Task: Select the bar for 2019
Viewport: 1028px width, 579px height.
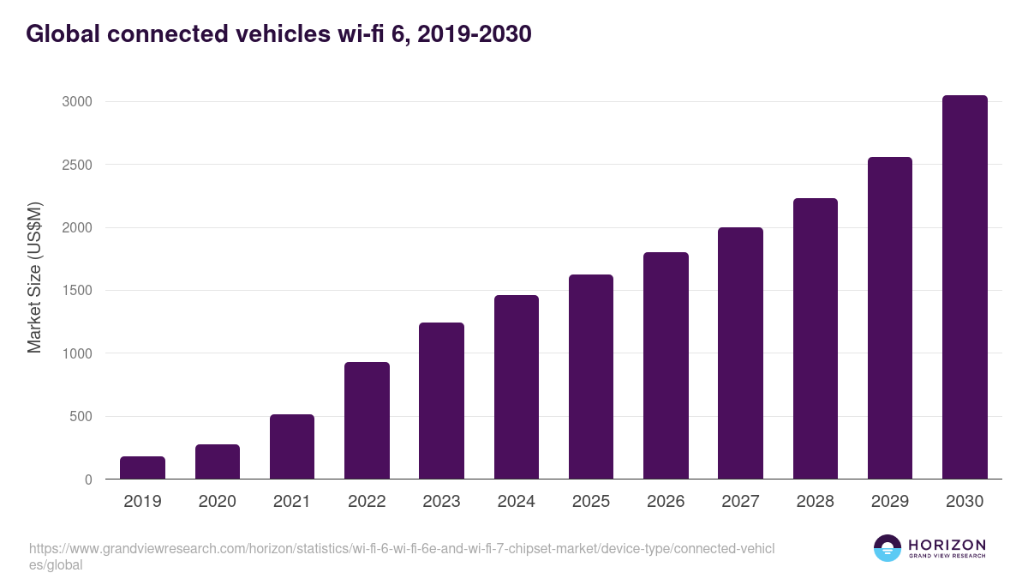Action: coord(142,467)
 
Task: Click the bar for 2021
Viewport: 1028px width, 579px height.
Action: coord(292,446)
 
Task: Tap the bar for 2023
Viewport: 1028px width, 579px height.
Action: coord(441,401)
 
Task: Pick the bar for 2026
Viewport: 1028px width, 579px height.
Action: coord(666,365)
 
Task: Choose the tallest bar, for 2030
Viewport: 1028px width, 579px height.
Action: coord(965,287)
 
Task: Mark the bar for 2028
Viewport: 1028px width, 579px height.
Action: coord(816,339)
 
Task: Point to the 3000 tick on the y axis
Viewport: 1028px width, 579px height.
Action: coord(76,102)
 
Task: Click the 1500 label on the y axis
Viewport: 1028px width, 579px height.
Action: coord(76,291)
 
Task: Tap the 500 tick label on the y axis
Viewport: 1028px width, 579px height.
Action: coord(81,417)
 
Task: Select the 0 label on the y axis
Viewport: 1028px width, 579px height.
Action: coord(87,479)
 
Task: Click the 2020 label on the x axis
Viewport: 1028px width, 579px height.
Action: coord(217,502)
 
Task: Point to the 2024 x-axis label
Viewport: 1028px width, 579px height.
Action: coord(516,502)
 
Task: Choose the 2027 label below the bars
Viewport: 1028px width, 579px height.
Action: coord(740,502)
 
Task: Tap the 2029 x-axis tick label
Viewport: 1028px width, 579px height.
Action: coord(890,502)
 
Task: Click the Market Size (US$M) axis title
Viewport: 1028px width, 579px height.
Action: coord(34,277)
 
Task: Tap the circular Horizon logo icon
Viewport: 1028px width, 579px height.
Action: coord(888,548)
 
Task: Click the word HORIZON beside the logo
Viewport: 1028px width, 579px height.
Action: coord(947,545)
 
